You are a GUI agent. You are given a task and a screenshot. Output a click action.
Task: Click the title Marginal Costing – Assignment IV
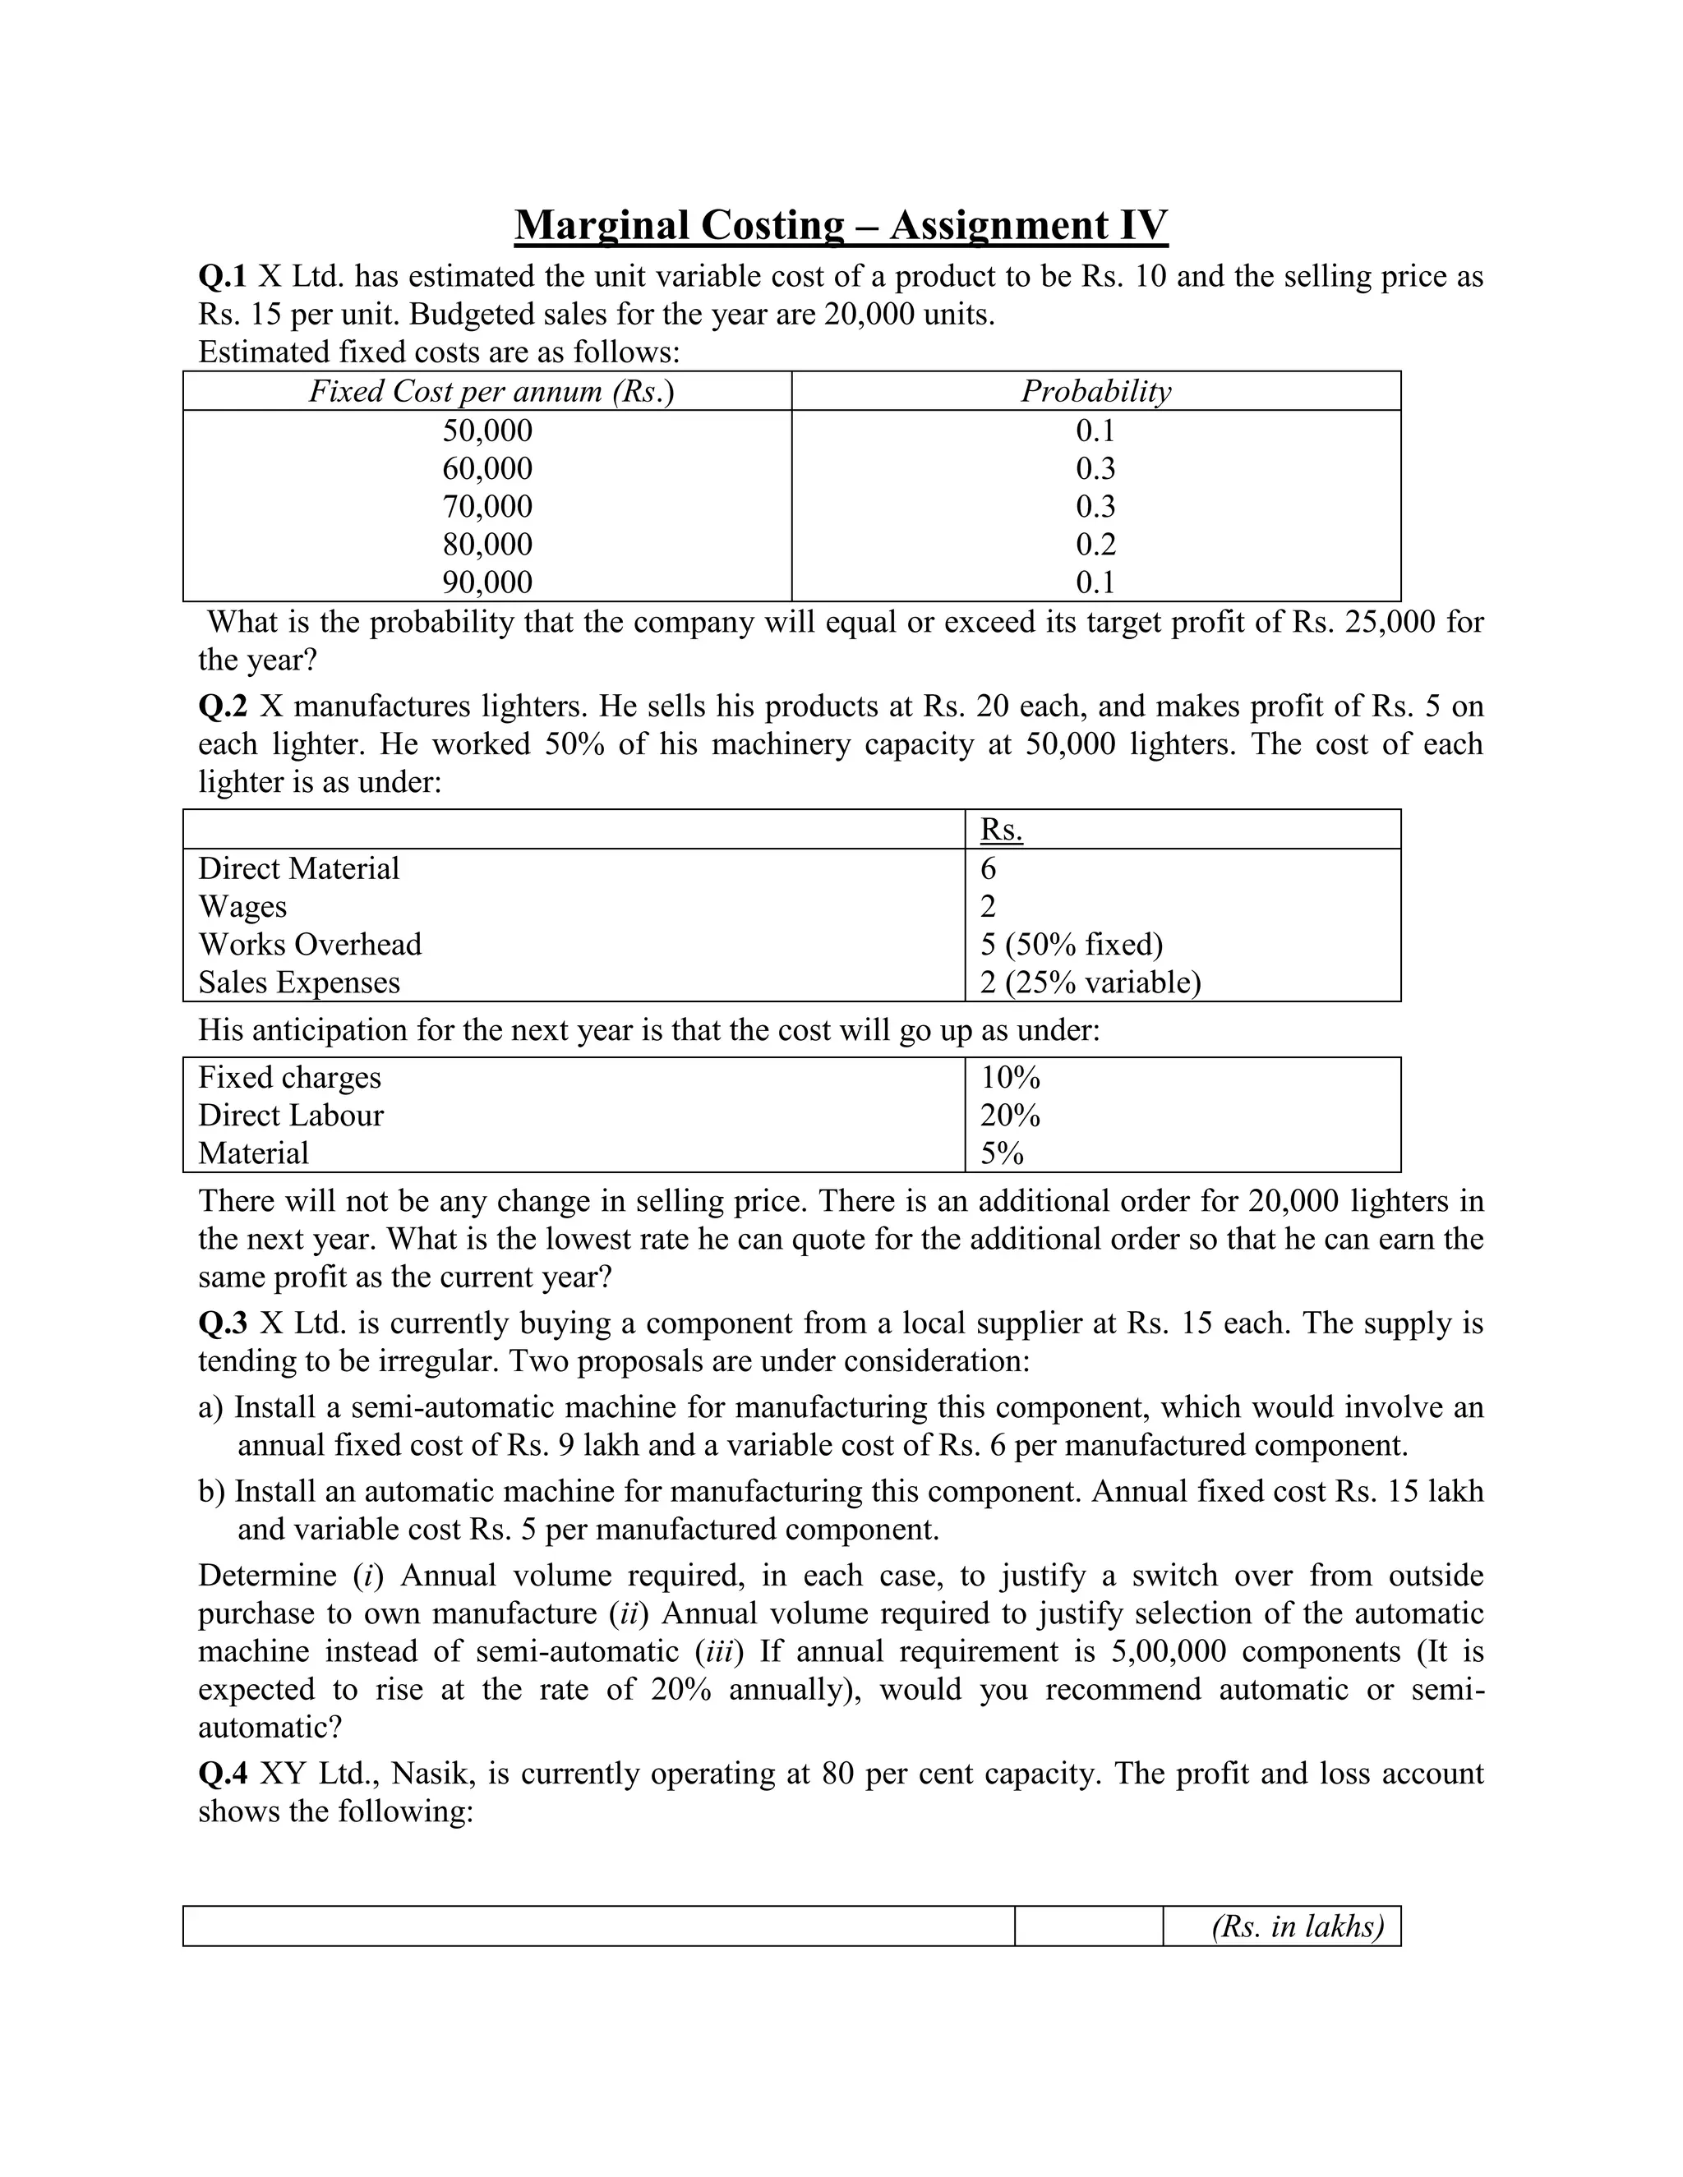[841, 225]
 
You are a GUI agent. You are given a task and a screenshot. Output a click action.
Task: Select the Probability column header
[1095, 391]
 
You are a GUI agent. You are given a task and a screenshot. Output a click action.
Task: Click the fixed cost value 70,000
[486, 506]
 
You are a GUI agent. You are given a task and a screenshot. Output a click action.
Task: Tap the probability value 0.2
[1095, 544]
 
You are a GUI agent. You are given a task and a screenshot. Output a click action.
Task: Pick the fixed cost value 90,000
[486, 582]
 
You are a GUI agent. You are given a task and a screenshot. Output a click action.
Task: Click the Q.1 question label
[221, 276]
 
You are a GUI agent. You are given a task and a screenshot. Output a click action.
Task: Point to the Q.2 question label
[221, 706]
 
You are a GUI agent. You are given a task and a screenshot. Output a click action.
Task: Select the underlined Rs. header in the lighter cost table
[1001, 830]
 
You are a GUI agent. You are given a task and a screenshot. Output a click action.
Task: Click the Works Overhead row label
[309, 944]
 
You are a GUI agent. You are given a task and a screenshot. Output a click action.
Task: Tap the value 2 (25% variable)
[1090, 982]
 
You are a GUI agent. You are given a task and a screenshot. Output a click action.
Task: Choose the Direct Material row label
[298, 868]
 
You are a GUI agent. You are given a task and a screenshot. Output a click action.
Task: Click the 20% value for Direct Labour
[1009, 1116]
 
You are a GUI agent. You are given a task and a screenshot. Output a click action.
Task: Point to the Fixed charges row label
[289, 1078]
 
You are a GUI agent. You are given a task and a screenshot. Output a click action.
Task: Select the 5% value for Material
[1001, 1153]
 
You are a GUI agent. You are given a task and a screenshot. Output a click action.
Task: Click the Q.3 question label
[221, 1323]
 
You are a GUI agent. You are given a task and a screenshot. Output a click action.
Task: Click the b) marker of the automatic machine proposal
[210, 1491]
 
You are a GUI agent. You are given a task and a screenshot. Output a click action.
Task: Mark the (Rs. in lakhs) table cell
[1296, 1926]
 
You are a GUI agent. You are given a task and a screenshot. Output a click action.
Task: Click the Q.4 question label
[221, 1774]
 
